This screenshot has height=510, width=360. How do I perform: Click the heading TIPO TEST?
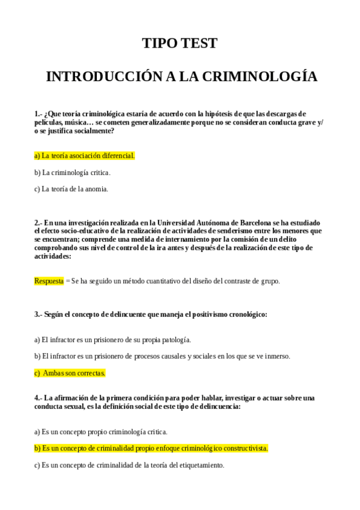[179, 43]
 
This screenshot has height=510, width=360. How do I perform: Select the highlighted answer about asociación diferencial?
[84, 156]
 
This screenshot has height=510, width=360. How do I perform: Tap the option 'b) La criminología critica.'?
[72, 173]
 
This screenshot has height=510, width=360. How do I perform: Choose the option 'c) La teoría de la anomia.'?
[71, 189]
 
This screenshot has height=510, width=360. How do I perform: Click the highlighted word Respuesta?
[49, 281]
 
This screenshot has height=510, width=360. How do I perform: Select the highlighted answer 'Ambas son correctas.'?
[70, 373]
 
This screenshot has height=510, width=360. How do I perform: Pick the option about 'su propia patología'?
[112, 340]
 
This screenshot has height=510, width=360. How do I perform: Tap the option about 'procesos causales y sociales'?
[162, 356]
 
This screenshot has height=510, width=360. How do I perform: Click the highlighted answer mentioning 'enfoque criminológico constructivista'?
[151, 448]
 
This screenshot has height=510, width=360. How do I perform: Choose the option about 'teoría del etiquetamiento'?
[129, 465]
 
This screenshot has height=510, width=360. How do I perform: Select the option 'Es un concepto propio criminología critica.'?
[100, 432]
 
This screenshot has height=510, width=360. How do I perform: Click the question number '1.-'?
[38, 114]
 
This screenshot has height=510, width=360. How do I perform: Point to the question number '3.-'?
[38, 315]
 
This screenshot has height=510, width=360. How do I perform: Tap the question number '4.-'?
[38, 398]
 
